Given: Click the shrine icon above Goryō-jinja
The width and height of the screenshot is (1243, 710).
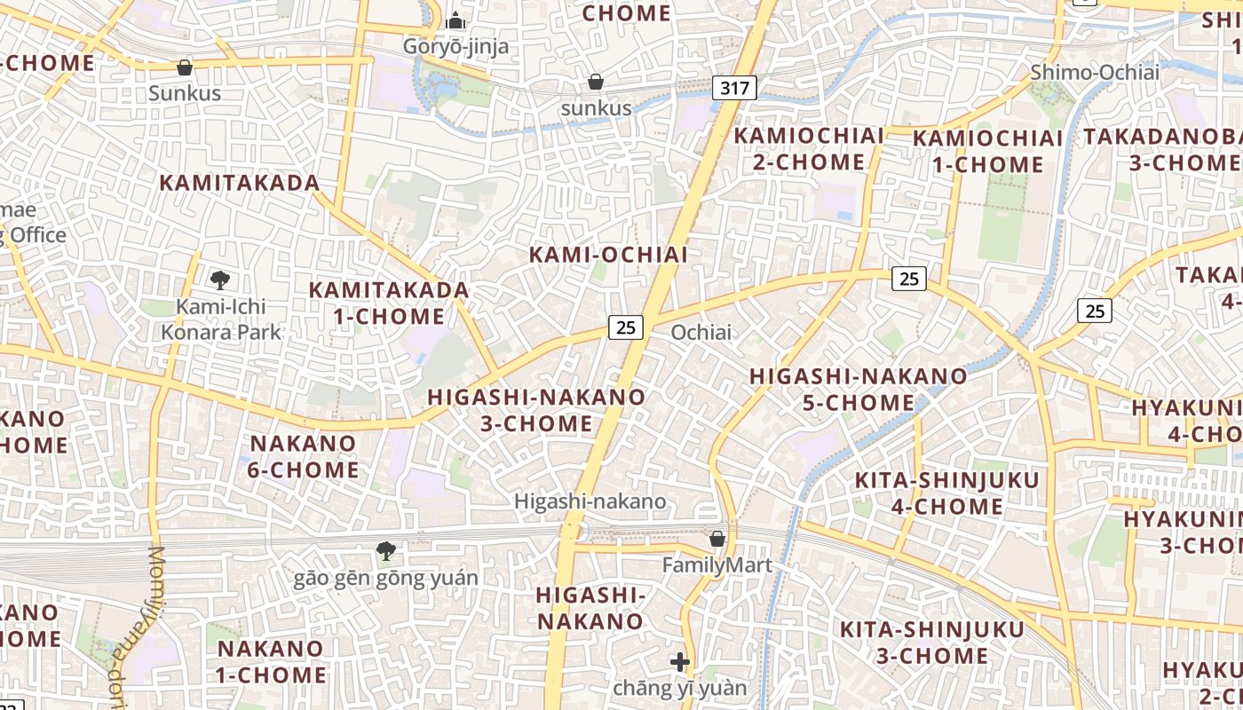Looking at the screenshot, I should point(455,20).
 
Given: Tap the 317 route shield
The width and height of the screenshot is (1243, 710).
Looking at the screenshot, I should point(734,88).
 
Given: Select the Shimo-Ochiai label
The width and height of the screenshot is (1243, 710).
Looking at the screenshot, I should point(1095,72).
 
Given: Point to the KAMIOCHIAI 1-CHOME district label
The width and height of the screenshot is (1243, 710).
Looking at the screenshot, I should point(987,152).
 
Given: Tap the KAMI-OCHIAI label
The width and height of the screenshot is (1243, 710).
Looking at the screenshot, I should point(608,255).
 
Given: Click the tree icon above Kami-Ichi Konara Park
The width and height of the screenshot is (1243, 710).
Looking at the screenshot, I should point(220,280).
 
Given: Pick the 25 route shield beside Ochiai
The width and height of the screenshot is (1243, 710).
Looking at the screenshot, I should point(626,327).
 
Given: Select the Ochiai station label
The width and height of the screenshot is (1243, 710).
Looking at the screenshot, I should point(701,332).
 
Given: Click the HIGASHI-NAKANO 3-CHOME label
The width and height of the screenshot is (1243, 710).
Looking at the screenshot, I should point(536,410).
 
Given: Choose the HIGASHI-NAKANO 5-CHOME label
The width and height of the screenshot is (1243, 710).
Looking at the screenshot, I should point(858,390).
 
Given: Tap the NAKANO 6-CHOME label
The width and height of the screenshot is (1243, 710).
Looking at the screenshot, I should point(303,456).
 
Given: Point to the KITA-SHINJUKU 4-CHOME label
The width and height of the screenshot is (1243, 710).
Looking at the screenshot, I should point(946,493).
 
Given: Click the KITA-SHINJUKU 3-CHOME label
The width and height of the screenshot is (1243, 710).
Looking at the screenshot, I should point(931,643).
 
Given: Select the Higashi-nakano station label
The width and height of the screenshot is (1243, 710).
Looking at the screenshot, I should point(590,501).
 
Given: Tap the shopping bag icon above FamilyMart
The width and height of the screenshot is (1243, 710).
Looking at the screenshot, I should point(717,539).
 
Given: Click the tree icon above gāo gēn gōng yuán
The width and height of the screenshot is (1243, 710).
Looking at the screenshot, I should point(385,551).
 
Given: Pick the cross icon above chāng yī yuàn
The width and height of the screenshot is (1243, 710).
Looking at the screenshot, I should point(680,662).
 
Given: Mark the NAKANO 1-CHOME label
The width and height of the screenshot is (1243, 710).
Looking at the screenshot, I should point(271,661).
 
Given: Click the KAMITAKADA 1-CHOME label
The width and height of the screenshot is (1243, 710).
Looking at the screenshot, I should point(389,303).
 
